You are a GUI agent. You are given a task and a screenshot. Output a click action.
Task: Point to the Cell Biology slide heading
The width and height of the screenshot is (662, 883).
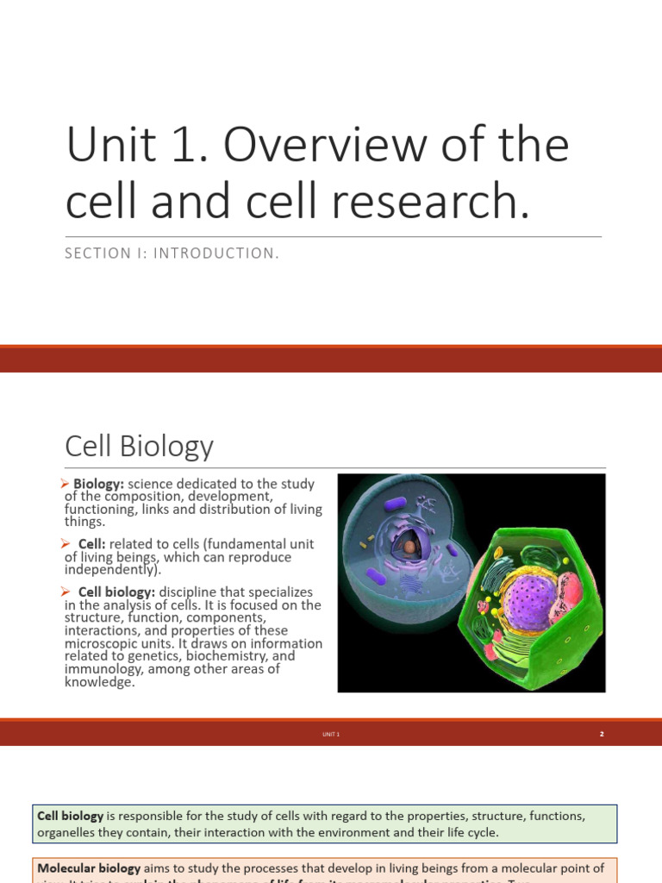pyautogui.click(x=139, y=446)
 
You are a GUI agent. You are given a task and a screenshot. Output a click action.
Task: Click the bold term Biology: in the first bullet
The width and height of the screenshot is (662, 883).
pyautogui.click(x=98, y=484)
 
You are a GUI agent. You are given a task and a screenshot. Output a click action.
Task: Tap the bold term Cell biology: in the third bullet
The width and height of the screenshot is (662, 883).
pyautogui.click(x=116, y=592)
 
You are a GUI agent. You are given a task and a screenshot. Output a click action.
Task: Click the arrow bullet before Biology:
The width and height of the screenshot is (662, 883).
pyautogui.click(x=67, y=484)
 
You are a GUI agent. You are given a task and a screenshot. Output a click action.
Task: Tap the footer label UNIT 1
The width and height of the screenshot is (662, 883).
pyautogui.click(x=332, y=734)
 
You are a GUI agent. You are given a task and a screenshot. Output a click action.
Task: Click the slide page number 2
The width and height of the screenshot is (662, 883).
pyautogui.click(x=602, y=734)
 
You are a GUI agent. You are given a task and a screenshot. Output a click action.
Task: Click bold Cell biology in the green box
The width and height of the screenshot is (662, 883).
pyautogui.click(x=71, y=816)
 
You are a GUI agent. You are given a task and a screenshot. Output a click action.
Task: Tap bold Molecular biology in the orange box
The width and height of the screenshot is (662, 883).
pyautogui.click(x=89, y=868)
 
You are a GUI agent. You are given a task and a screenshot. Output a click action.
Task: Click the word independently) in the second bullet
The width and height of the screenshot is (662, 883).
pyautogui.click(x=112, y=570)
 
